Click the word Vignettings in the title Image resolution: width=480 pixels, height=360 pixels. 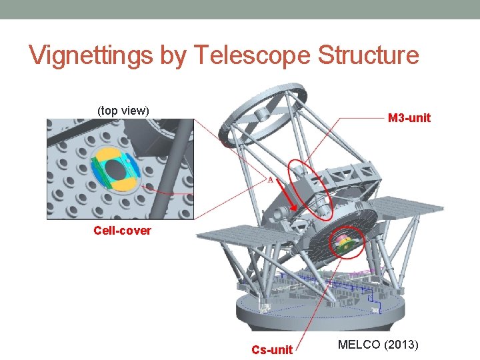coord(91,55)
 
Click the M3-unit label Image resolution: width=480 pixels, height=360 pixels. coord(409,118)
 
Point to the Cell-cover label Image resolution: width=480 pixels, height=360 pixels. coord(122,231)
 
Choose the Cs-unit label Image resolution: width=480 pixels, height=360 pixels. coord(272,349)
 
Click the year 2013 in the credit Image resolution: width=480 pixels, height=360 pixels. coord(400,345)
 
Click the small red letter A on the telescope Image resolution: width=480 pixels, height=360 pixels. coord(270,179)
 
